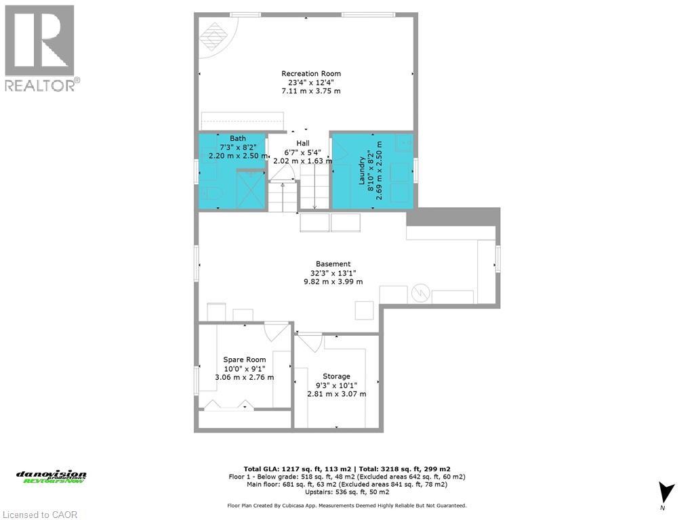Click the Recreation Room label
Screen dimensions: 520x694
click(x=311, y=73)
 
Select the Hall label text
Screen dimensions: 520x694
click(x=302, y=144)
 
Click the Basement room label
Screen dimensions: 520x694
click(x=333, y=264)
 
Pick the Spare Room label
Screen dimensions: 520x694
click(x=245, y=360)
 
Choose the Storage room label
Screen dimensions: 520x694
click(x=336, y=376)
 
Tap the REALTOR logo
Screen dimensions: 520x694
click(x=40, y=47)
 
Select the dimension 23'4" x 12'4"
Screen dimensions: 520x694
click(x=311, y=83)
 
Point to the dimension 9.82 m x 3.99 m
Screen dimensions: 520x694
click(x=333, y=282)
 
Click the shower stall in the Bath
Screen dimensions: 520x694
click(x=251, y=189)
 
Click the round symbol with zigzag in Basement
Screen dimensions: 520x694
click(x=420, y=293)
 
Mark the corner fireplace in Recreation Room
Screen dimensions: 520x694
click(x=216, y=34)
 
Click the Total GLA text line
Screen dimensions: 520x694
click(x=347, y=468)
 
